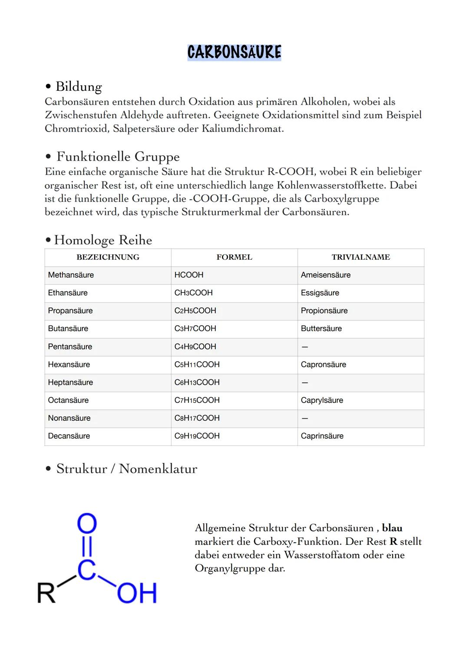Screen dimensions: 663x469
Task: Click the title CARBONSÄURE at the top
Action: point(234,52)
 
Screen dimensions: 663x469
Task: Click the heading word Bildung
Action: point(79,87)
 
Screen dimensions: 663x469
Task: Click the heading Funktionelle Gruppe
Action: point(118,156)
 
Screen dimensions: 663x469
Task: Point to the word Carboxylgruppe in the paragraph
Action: point(341,199)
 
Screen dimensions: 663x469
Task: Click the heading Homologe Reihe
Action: point(103,240)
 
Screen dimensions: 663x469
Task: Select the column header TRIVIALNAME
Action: point(360,257)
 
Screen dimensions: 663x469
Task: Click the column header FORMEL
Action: point(234,257)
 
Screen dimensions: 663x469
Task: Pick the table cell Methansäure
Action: point(71,275)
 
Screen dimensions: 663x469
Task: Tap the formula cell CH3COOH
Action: point(193,293)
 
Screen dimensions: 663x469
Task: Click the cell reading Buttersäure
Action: point(321,329)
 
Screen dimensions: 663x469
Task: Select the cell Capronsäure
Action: point(323,365)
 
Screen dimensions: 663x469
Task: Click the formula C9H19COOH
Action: point(197,436)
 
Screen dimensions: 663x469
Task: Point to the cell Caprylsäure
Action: point(322,400)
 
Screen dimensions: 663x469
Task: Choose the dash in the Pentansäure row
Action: point(304,347)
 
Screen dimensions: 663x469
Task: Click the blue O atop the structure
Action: point(87,524)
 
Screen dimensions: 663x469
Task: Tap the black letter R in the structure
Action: point(46,593)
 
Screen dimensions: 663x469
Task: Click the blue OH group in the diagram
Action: point(136,593)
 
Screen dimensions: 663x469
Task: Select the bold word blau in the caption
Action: point(392,528)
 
